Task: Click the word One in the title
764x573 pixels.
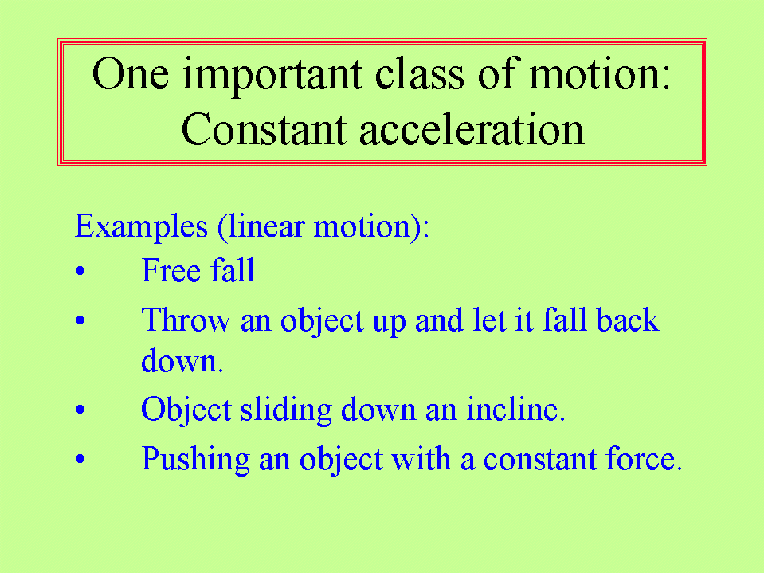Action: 131,73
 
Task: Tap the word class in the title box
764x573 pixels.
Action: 420,73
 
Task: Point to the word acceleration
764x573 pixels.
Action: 472,129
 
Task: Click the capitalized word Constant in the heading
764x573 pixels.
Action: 264,129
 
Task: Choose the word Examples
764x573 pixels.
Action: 141,227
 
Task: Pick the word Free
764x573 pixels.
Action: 170,270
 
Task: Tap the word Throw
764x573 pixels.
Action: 186,320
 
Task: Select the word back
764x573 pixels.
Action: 628,320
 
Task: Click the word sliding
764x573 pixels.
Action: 287,410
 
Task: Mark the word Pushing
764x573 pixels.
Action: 196,460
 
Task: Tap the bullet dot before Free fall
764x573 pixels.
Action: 80,271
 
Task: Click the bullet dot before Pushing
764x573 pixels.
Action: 80,458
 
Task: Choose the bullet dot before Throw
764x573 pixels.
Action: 80,320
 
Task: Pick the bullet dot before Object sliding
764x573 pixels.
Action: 80,410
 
